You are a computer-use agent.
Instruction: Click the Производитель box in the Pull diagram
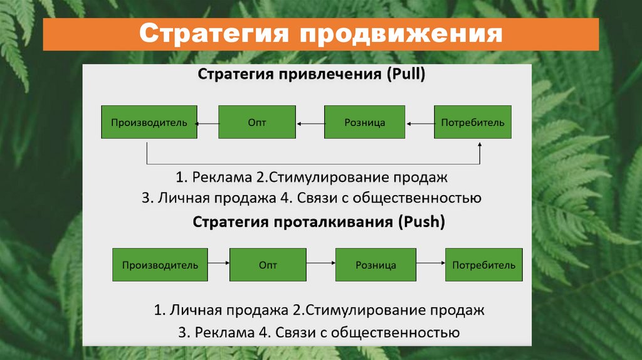(x=149, y=122)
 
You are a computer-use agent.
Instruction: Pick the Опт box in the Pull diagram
(x=257, y=122)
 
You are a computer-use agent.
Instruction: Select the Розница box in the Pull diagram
(x=364, y=122)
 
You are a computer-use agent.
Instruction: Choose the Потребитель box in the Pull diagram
(x=473, y=122)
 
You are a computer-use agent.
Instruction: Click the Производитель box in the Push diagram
(x=160, y=265)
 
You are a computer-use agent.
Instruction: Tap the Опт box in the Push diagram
(x=268, y=265)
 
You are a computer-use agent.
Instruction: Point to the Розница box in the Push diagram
(x=376, y=265)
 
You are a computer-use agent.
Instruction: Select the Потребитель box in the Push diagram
(x=483, y=265)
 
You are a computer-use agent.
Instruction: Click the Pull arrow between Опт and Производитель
(x=208, y=124)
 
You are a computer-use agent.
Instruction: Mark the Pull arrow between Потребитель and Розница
(x=420, y=124)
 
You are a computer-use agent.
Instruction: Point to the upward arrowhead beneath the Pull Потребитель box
(x=480, y=145)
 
